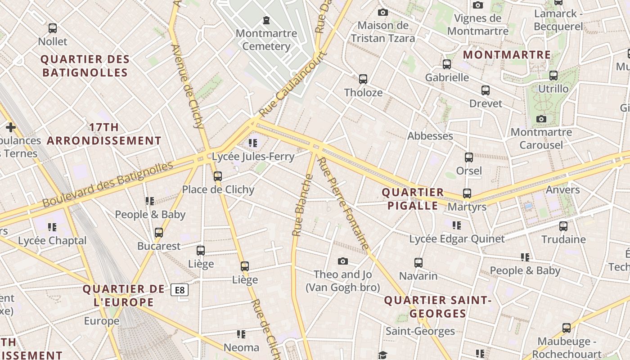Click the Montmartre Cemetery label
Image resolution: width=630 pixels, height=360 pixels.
click(266, 40)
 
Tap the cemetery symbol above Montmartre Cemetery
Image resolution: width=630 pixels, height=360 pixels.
click(266, 20)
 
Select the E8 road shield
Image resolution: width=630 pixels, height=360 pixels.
click(180, 290)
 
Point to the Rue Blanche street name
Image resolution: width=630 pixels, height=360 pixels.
click(302, 205)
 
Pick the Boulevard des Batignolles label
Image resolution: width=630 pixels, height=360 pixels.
click(108, 184)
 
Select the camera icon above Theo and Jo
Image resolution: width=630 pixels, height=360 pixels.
click(343, 261)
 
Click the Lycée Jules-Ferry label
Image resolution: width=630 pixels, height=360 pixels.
click(253, 157)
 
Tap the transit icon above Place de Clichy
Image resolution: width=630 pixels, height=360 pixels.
click(218, 176)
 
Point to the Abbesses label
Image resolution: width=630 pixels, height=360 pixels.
click(430, 136)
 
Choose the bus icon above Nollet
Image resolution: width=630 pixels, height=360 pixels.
click(53, 28)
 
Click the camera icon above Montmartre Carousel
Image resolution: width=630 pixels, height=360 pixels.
click(541, 119)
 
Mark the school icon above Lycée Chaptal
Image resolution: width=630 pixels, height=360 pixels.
click(52, 227)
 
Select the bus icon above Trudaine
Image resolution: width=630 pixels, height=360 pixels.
click(563, 226)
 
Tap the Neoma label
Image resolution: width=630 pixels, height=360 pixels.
click(242, 347)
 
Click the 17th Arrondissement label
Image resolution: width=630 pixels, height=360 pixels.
click(104, 134)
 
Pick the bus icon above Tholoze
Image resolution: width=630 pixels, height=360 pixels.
click(363, 79)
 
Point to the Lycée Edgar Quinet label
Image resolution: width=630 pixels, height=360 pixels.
click(457, 239)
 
